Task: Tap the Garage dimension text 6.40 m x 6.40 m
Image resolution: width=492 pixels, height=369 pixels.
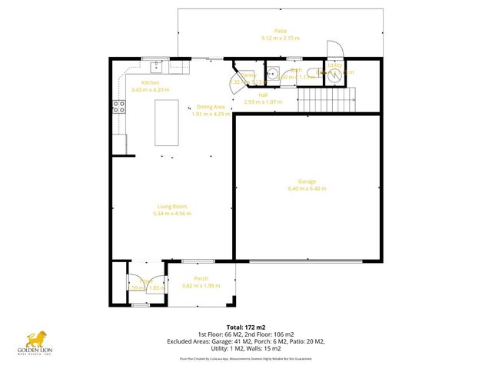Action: click(x=307, y=188)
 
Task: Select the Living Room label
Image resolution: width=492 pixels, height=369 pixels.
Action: click(x=173, y=206)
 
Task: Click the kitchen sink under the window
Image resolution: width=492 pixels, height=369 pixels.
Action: click(x=155, y=65)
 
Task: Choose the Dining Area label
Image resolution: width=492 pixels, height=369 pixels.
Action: click(x=210, y=108)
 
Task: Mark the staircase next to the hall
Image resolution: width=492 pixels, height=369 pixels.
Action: click(x=327, y=98)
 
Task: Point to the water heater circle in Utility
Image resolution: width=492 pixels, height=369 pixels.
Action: click(x=334, y=75)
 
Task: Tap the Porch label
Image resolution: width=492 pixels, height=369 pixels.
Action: click(x=201, y=278)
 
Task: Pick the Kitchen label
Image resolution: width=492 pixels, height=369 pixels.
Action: click(x=150, y=82)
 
